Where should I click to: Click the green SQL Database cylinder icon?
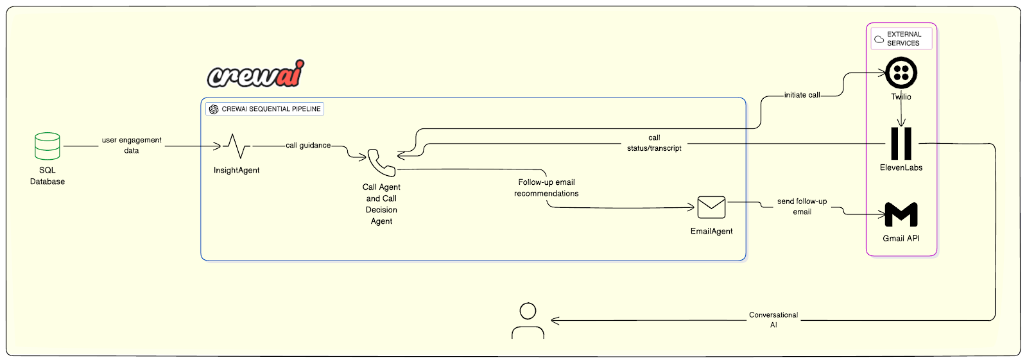coord(47,146)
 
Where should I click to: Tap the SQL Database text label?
coord(47,176)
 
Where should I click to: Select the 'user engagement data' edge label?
coord(132,145)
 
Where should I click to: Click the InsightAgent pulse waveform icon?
coord(237,146)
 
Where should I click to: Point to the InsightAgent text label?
coord(237,171)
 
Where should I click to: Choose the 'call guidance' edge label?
coord(308,146)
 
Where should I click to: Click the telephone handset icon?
coord(381,163)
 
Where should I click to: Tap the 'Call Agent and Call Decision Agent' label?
coord(381,204)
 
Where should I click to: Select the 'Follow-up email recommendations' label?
coord(546,188)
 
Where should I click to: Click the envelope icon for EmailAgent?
coord(711,207)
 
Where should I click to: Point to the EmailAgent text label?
coord(711,232)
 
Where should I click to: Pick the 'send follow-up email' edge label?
coord(802,207)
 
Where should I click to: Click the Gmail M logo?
coord(901,214)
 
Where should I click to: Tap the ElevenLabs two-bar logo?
coord(901,143)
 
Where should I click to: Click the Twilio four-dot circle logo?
coord(901,73)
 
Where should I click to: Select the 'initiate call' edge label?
coord(802,95)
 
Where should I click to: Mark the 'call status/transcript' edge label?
coord(654,143)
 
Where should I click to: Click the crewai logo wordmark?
coord(255,75)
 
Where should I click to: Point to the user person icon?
coord(528,321)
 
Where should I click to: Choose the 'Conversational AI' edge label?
coord(773,320)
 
